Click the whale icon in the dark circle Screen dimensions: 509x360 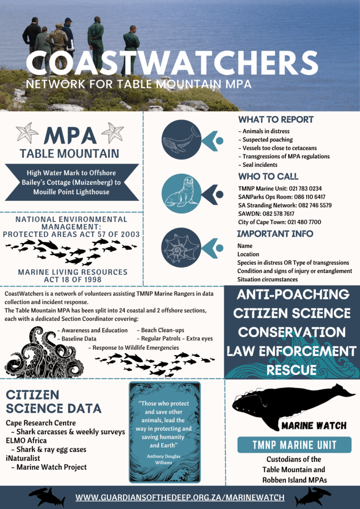point(181,140)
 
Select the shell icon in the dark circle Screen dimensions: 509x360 point(181,247)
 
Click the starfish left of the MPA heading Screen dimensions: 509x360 point(27,133)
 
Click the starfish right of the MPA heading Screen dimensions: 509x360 point(112,133)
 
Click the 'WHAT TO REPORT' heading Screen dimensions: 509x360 point(276,120)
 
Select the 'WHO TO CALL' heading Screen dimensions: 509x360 point(269,176)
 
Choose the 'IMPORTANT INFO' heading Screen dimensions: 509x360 point(275,234)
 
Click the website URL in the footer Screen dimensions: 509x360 point(180,497)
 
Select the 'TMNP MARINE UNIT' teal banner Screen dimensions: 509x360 point(294,445)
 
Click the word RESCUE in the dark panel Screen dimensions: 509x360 point(292,370)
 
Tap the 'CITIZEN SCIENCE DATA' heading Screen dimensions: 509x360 point(53,402)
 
